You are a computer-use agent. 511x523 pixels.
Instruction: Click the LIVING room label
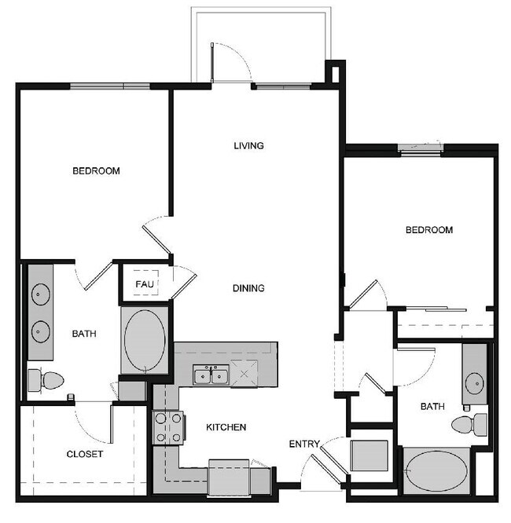[248, 145]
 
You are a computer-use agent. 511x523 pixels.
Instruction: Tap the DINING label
[248, 288]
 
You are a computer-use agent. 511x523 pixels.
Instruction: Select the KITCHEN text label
[226, 427]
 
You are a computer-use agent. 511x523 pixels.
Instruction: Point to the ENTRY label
[304, 444]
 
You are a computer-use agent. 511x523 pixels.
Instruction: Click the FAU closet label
[145, 283]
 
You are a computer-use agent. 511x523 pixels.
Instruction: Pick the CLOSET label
[85, 454]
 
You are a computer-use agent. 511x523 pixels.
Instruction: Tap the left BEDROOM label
[96, 170]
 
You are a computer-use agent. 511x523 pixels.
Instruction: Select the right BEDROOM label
[429, 230]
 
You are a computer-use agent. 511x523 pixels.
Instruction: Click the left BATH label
[84, 334]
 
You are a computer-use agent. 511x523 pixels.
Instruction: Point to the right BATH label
[432, 407]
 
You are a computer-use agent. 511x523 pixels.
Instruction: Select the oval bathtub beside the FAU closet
[145, 341]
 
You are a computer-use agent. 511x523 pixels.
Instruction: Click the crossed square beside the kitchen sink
[244, 374]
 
